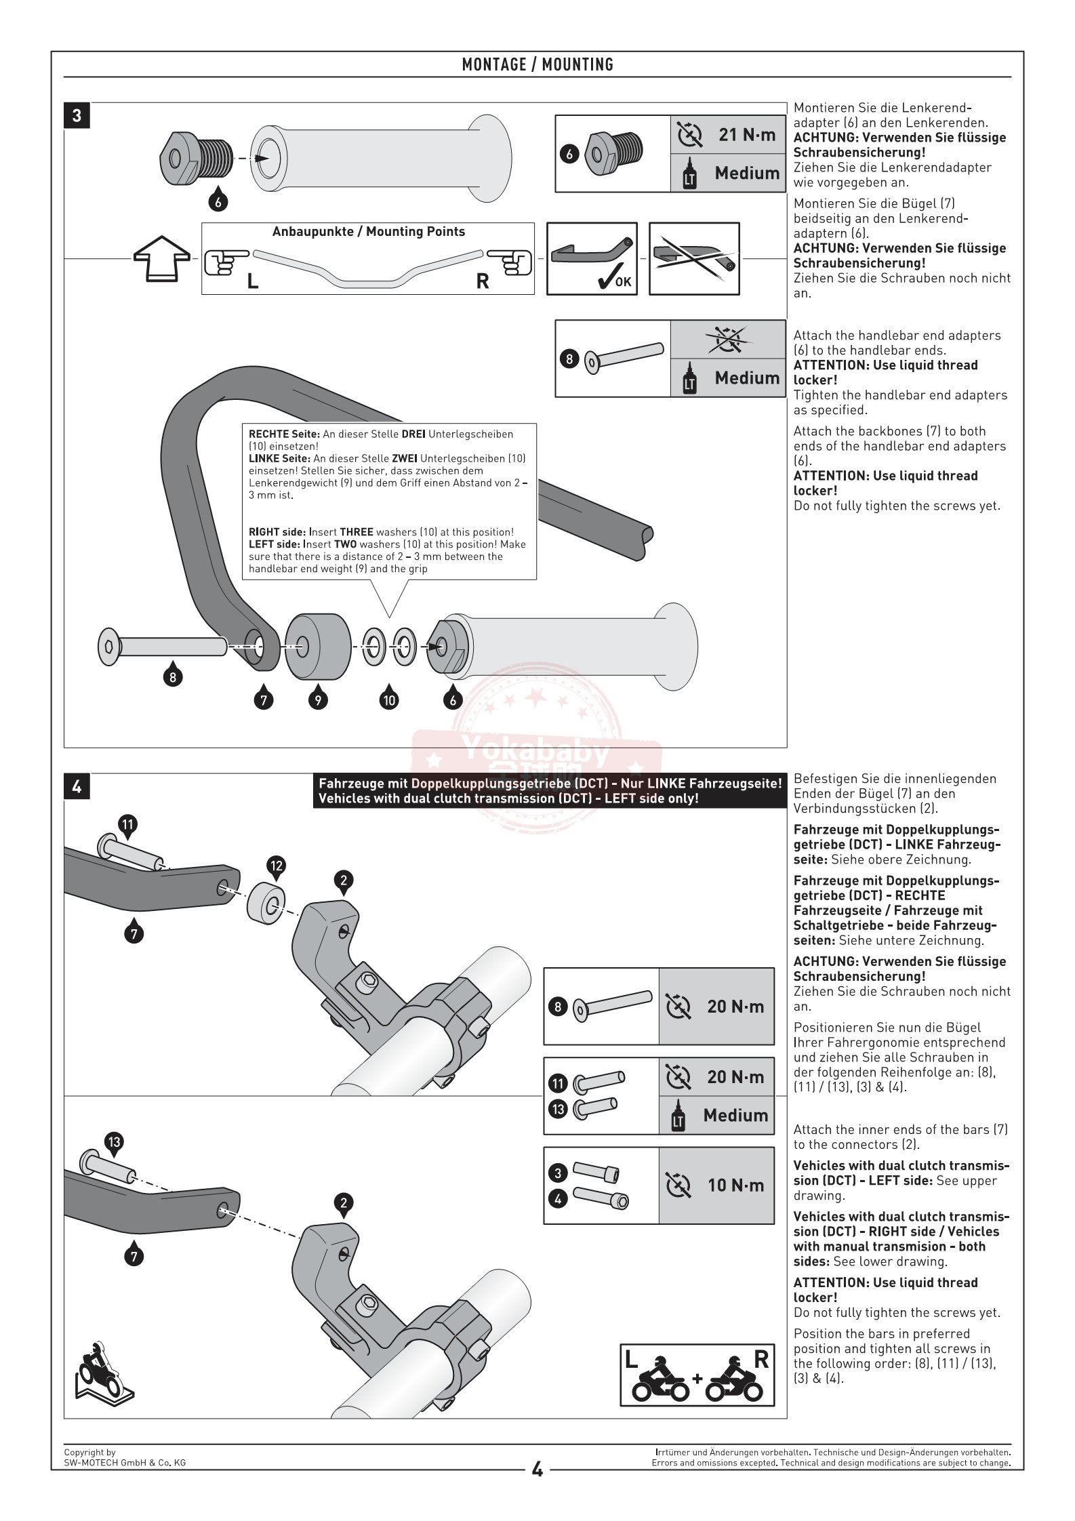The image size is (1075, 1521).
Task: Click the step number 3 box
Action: tap(77, 116)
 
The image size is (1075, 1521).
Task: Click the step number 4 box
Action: tap(77, 787)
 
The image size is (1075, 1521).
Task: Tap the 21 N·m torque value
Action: tap(747, 135)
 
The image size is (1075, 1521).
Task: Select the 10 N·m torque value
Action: tap(735, 1185)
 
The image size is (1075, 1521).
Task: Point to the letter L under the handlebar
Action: tap(253, 282)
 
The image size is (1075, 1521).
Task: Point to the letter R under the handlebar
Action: tap(483, 282)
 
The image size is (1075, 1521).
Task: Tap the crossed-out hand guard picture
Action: tap(694, 258)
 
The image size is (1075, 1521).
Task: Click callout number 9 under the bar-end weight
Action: tap(317, 699)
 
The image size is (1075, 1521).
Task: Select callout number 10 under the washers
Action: tap(389, 699)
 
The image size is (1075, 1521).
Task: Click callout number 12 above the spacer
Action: tap(277, 866)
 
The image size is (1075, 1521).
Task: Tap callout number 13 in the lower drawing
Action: tap(114, 1142)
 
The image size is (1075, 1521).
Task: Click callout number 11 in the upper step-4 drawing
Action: tap(127, 824)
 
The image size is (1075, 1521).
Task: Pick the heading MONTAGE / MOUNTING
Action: tap(537, 65)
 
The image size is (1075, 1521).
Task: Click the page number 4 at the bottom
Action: tap(537, 1470)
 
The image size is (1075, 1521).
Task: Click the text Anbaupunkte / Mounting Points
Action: tap(368, 232)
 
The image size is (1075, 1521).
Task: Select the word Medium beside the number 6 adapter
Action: tap(747, 174)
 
